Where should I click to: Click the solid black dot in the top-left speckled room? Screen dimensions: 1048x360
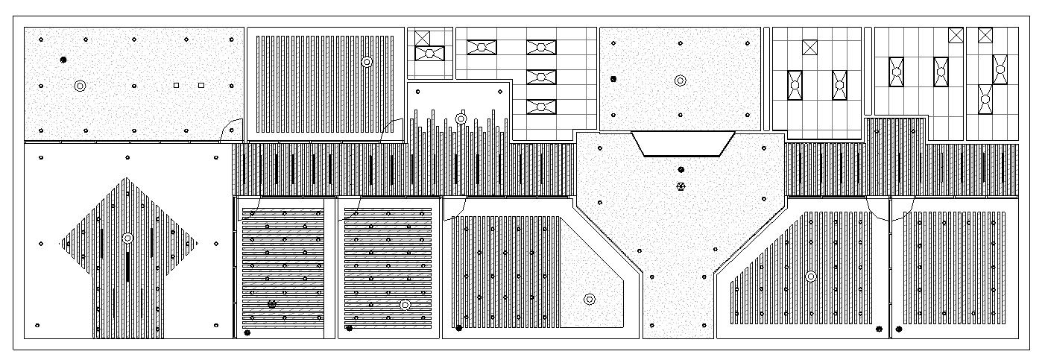[63, 59]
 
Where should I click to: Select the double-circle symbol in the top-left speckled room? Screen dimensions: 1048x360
[80, 86]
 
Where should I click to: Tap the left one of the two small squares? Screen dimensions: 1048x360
[176, 86]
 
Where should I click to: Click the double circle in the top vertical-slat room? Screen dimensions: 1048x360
[366, 62]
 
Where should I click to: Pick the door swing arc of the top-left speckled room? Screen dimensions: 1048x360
[232, 128]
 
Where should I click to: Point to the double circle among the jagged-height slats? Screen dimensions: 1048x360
[461, 119]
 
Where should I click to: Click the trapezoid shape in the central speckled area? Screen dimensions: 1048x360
[683, 143]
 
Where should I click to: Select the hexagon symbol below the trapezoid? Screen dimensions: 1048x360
[680, 186]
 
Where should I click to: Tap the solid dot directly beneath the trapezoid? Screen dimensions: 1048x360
[680, 171]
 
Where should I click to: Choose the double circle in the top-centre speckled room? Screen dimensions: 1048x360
[680, 80]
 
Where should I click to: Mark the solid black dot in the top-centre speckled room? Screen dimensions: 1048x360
[613, 78]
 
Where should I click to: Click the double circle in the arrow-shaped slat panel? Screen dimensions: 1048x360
[127, 239]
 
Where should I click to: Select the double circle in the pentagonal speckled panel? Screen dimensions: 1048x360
[590, 300]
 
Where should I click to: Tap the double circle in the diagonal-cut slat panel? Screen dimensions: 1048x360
[811, 277]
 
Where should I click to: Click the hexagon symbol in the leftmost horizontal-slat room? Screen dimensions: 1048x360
[272, 303]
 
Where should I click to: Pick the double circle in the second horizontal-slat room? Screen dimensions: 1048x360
[405, 305]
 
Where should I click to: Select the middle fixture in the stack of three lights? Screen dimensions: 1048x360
[542, 77]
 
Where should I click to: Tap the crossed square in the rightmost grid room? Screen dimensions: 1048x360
[985, 35]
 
